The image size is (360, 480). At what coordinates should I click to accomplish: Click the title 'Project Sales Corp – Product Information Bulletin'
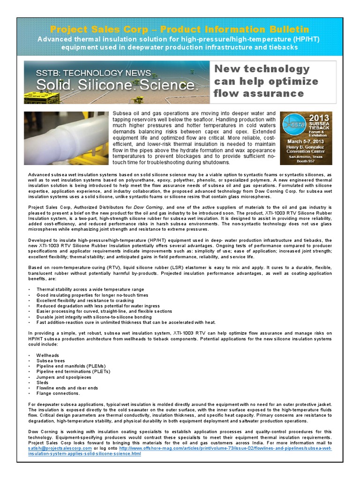[179, 30]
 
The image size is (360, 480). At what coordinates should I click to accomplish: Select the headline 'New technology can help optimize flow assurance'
[266, 81]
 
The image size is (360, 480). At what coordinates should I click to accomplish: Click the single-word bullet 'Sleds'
[43, 382]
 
